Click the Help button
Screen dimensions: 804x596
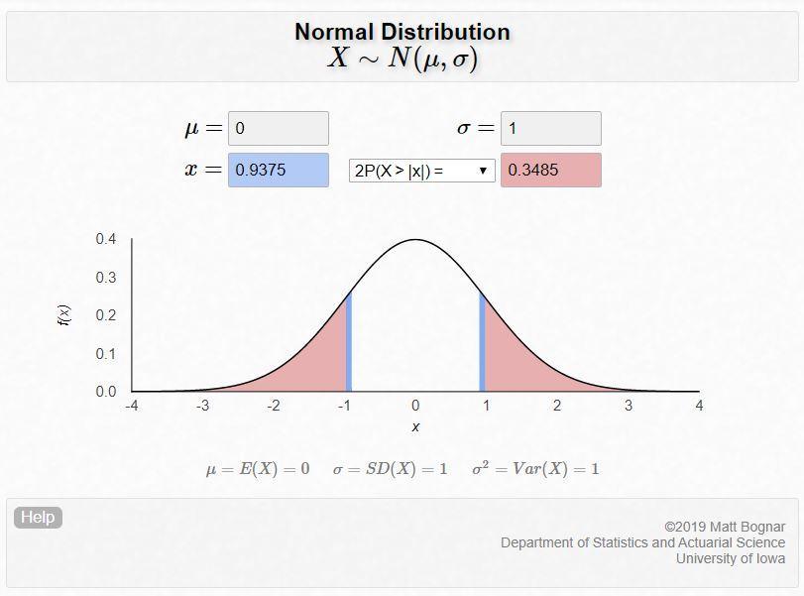38,517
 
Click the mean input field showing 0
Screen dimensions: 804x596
279,128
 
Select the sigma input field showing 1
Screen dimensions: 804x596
551,128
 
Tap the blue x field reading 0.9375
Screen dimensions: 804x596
279,170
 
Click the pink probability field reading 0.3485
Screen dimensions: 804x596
551,170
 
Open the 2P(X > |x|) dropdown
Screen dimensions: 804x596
422,171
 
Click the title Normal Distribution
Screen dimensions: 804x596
402,32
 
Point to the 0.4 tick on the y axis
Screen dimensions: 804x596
106,239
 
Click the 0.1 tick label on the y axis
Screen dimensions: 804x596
106,354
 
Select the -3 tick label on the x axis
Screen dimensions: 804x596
202,406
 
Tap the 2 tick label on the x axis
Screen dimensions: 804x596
557,406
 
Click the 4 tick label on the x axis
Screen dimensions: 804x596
699,406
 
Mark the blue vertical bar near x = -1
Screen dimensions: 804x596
349,342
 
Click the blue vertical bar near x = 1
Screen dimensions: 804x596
482,342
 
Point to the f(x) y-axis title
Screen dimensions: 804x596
64,315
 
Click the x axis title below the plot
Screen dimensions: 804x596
415,426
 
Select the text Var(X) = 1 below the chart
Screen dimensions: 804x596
555,469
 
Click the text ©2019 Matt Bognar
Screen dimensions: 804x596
725,527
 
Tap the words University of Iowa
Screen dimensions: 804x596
731,558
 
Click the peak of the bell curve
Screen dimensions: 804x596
415,240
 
